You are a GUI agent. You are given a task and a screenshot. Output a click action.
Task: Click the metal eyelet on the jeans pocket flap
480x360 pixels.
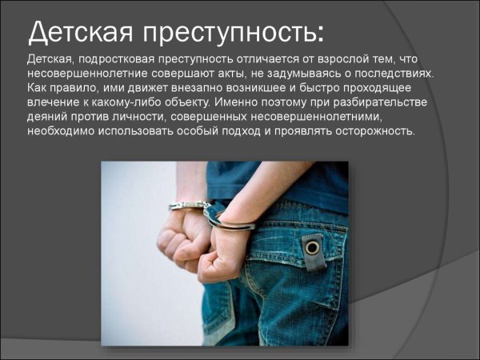tap(312, 247)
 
